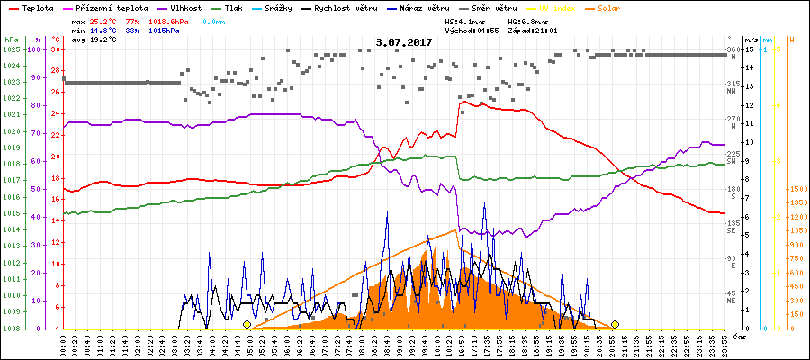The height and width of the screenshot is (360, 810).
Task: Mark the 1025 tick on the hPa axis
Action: (x=12, y=49)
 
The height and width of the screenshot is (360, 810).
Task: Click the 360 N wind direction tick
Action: (x=733, y=51)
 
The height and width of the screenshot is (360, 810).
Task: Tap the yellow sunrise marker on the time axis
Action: (x=247, y=324)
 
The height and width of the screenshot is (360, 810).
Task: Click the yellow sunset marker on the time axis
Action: (x=615, y=324)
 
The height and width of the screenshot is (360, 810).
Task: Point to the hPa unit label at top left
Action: (x=10, y=40)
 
